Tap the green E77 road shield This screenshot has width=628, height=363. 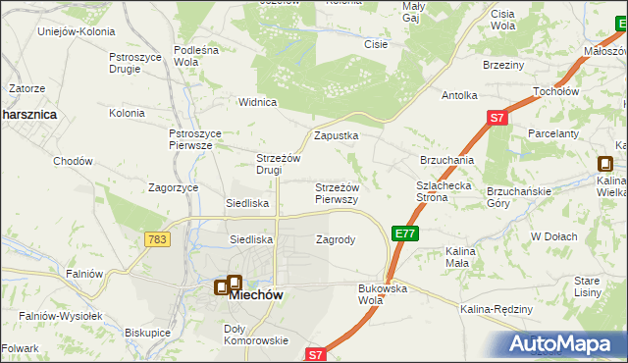405,233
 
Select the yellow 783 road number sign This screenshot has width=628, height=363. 156,239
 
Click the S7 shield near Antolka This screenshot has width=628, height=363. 497,119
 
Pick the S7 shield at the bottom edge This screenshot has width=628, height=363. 314,354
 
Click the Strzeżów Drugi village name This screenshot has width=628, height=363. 277,164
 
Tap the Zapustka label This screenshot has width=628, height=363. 336,135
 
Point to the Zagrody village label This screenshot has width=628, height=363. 336,238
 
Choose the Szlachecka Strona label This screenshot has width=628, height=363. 445,190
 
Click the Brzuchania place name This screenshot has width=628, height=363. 447,159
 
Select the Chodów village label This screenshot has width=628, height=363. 73,161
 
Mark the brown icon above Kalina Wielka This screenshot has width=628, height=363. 607,166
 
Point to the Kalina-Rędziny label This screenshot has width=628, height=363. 496,309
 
